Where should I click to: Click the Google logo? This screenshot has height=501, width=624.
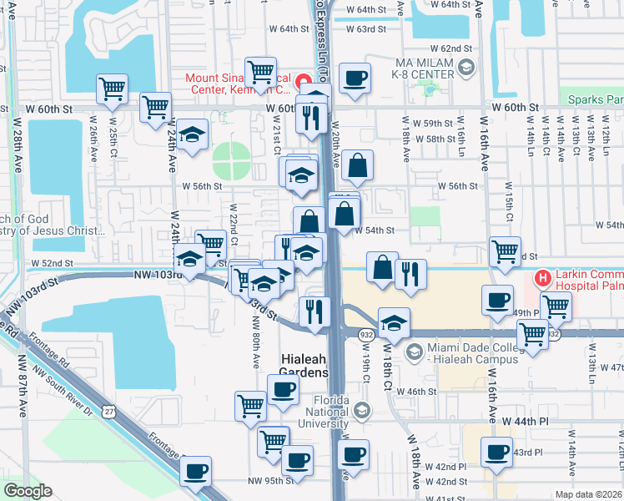pos(27,491)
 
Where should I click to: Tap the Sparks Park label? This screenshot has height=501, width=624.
pos(596,99)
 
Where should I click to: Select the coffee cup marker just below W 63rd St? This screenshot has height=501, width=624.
pos(355,79)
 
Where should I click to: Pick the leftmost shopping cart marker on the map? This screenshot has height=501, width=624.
pos(111,88)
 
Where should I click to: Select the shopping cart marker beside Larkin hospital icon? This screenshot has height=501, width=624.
pos(556,306)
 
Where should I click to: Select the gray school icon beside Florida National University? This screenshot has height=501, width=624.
pos(360,410)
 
